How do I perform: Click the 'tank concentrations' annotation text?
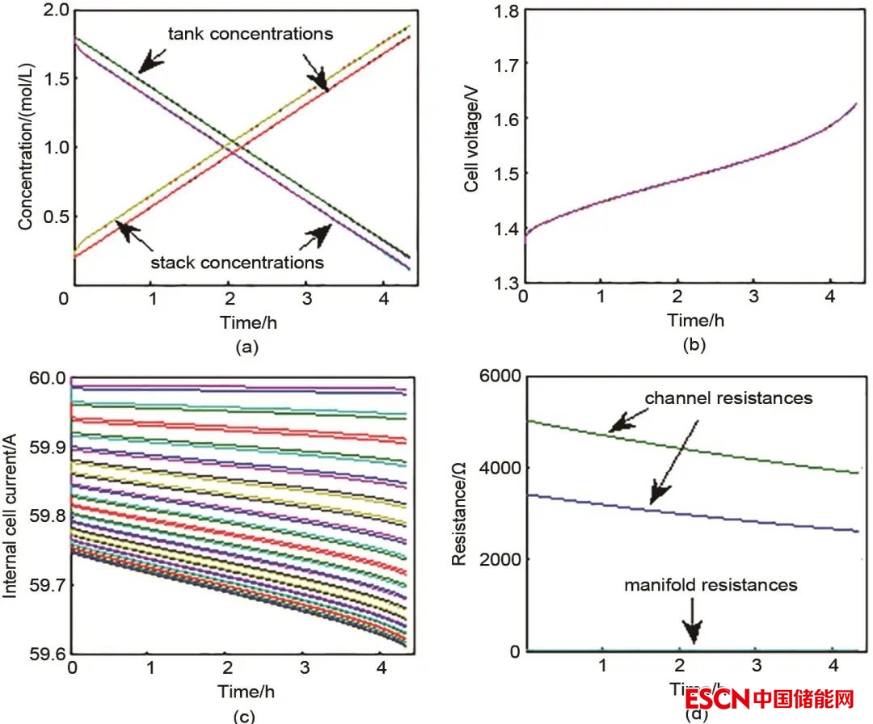tap(250, 34)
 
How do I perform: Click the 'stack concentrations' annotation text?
tap(237, 263)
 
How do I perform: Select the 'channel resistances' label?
tap(728, 398)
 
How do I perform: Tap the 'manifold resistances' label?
tap(711, 583)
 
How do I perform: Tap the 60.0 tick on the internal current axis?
tap(47, 377)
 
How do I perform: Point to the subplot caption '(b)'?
tap(694, 346)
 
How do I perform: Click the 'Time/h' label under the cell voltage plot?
tap(696, 320)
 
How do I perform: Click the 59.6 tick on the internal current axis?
tap(47, 652)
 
